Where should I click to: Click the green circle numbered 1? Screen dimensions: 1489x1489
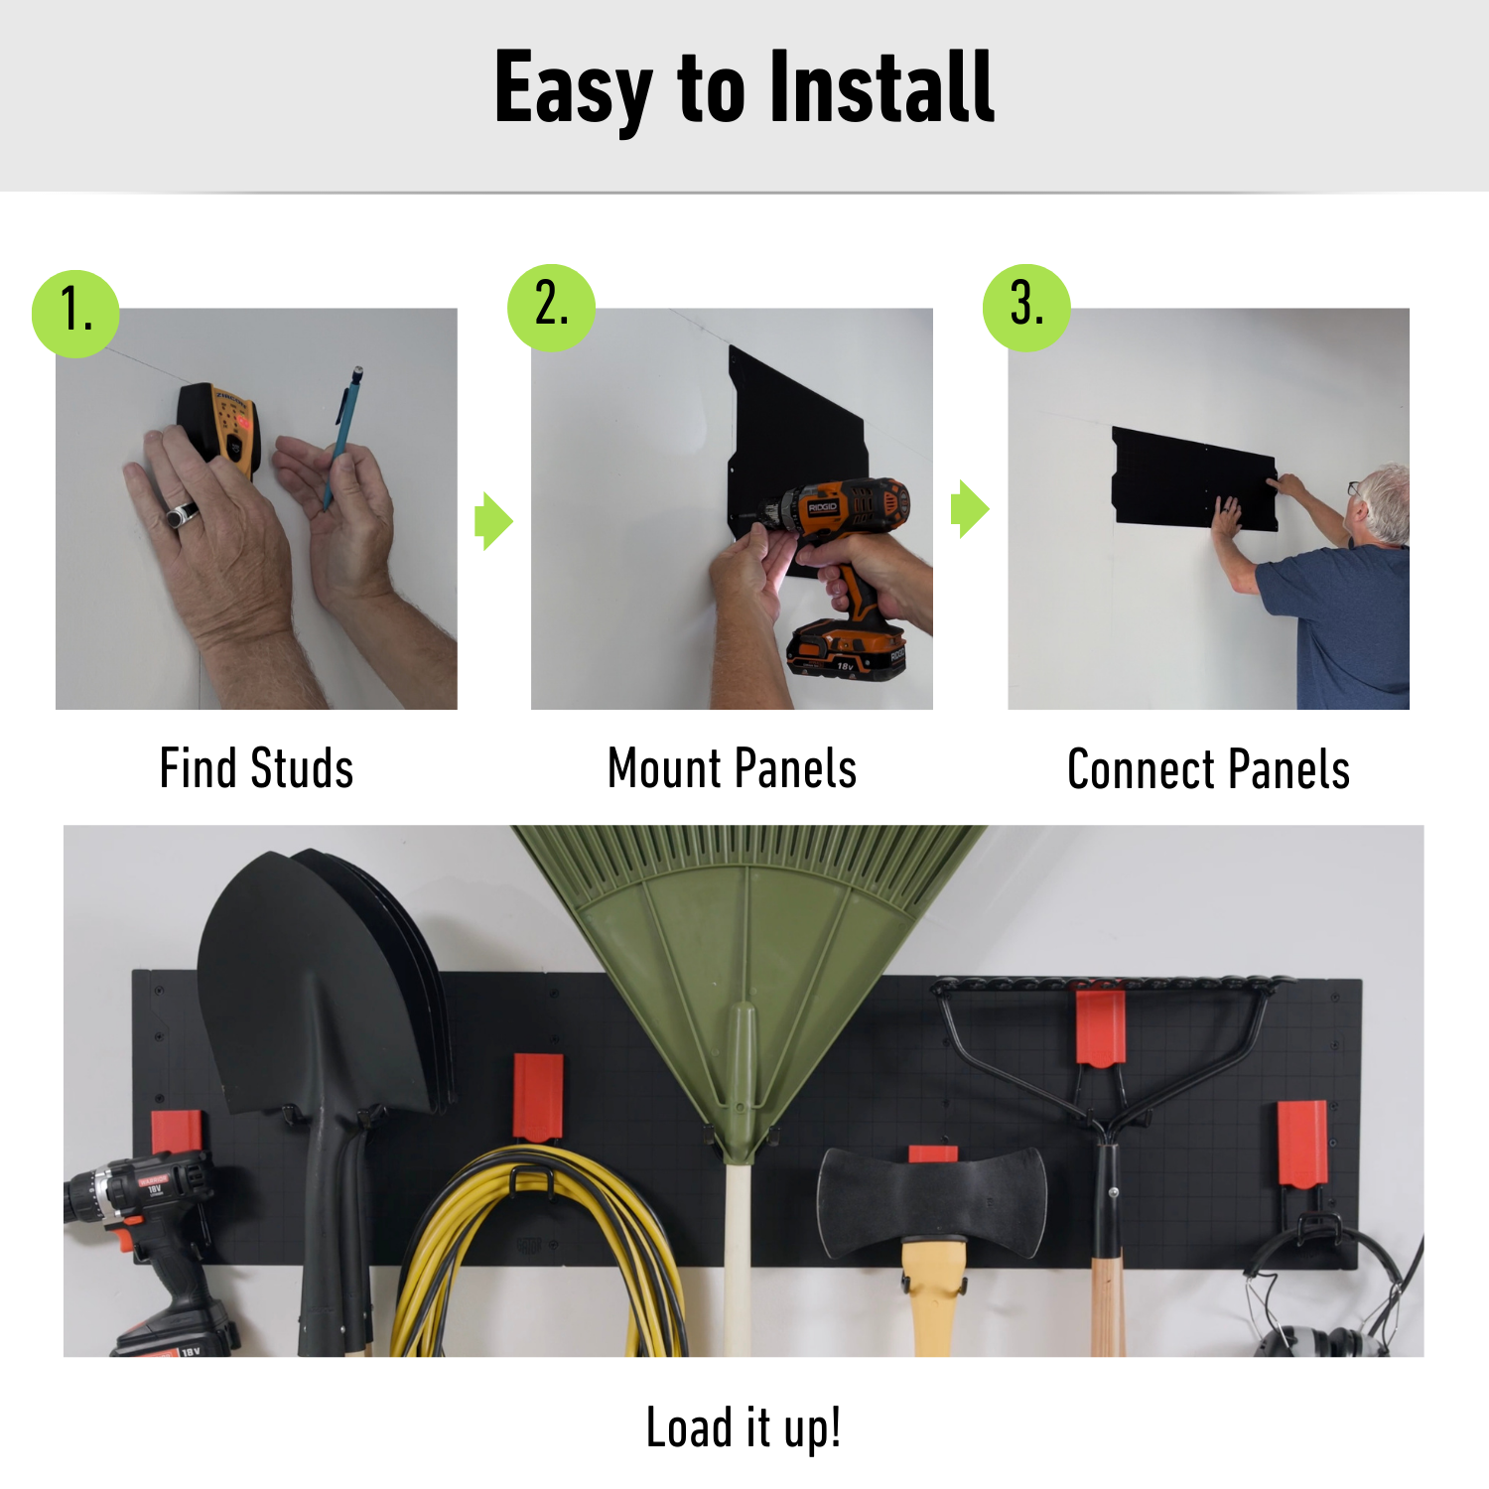pos(75,314)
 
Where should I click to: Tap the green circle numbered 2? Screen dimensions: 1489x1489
pos(551,307)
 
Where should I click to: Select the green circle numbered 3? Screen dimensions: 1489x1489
pos(1026,307)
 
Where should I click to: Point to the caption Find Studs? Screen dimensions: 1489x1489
pos(256,769)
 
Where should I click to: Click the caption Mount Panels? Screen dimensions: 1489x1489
pos(732,769)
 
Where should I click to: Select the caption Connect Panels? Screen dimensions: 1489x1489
pos(1208,770)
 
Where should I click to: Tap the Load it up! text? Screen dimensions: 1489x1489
pos(744,1427)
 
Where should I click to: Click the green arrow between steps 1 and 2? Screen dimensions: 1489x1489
pos(493,520)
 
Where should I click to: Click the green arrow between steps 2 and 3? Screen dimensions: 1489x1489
pos(970,509)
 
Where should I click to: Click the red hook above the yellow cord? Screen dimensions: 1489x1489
pos(538,1097)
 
